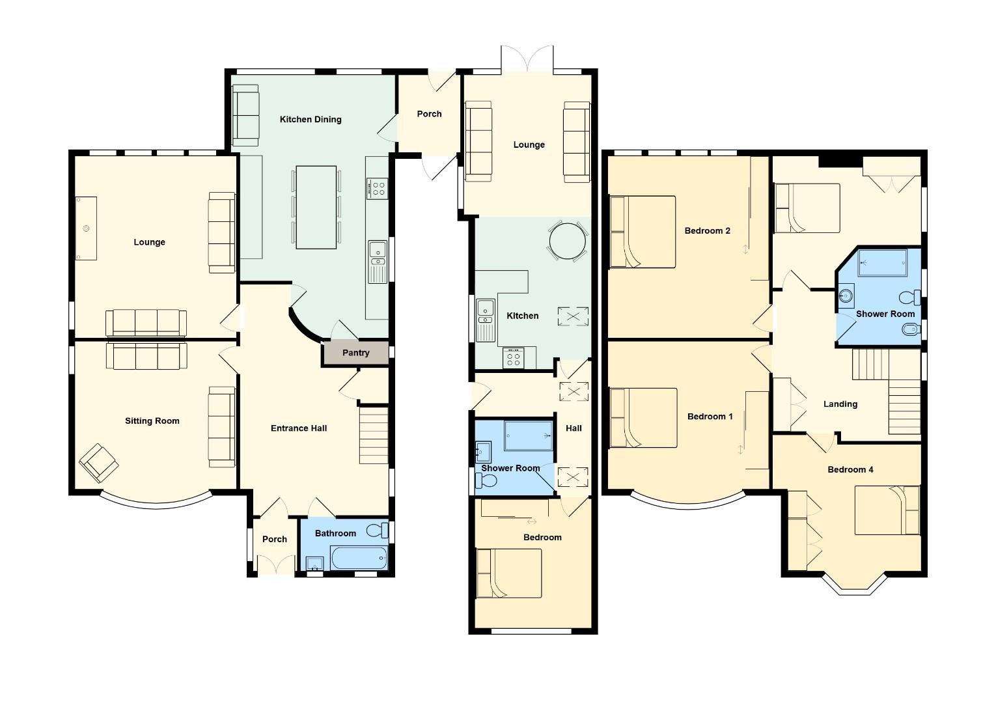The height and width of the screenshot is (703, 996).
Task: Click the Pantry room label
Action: [x=355, y=353]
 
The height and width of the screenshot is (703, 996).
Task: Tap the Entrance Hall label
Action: [x=299, y=428]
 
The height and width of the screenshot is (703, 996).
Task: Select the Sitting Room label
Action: [x=152, y=421]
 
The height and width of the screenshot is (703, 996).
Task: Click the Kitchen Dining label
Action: [x=311, y=119]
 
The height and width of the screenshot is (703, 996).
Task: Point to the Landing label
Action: [x=840, y=404]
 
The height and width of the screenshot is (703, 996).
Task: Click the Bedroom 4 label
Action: [x=850, y=469]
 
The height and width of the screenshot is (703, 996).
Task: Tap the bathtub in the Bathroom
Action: [x=358, y=558]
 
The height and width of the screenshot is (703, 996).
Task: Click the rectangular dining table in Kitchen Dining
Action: [x=316, y=207]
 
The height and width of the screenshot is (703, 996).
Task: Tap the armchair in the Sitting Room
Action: [x=99, y=463]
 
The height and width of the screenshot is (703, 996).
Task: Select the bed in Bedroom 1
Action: [x=643, y=418]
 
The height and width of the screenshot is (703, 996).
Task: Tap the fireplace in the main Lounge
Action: [x=86, y=228]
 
